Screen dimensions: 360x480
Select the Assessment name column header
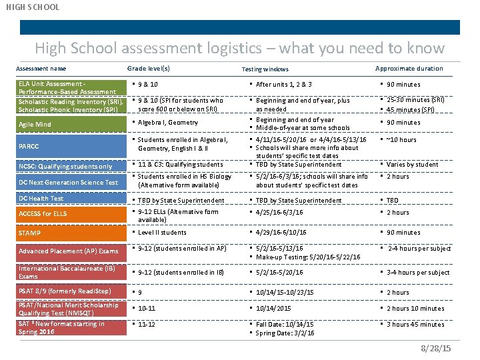(x=41, y=68)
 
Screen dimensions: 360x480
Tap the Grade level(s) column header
(x=148, y=68)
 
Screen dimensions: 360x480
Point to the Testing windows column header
(x=265, y=69)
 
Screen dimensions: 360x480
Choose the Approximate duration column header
(x=409, y=68)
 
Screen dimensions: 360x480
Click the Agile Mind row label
(x=35, y=125)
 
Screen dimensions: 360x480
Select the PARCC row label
(x=29, y=146)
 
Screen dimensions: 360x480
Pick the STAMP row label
(x=30, y=233)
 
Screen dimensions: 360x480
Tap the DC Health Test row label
(x=41, y=199)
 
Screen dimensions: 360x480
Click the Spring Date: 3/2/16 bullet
(x=285, y=333)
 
